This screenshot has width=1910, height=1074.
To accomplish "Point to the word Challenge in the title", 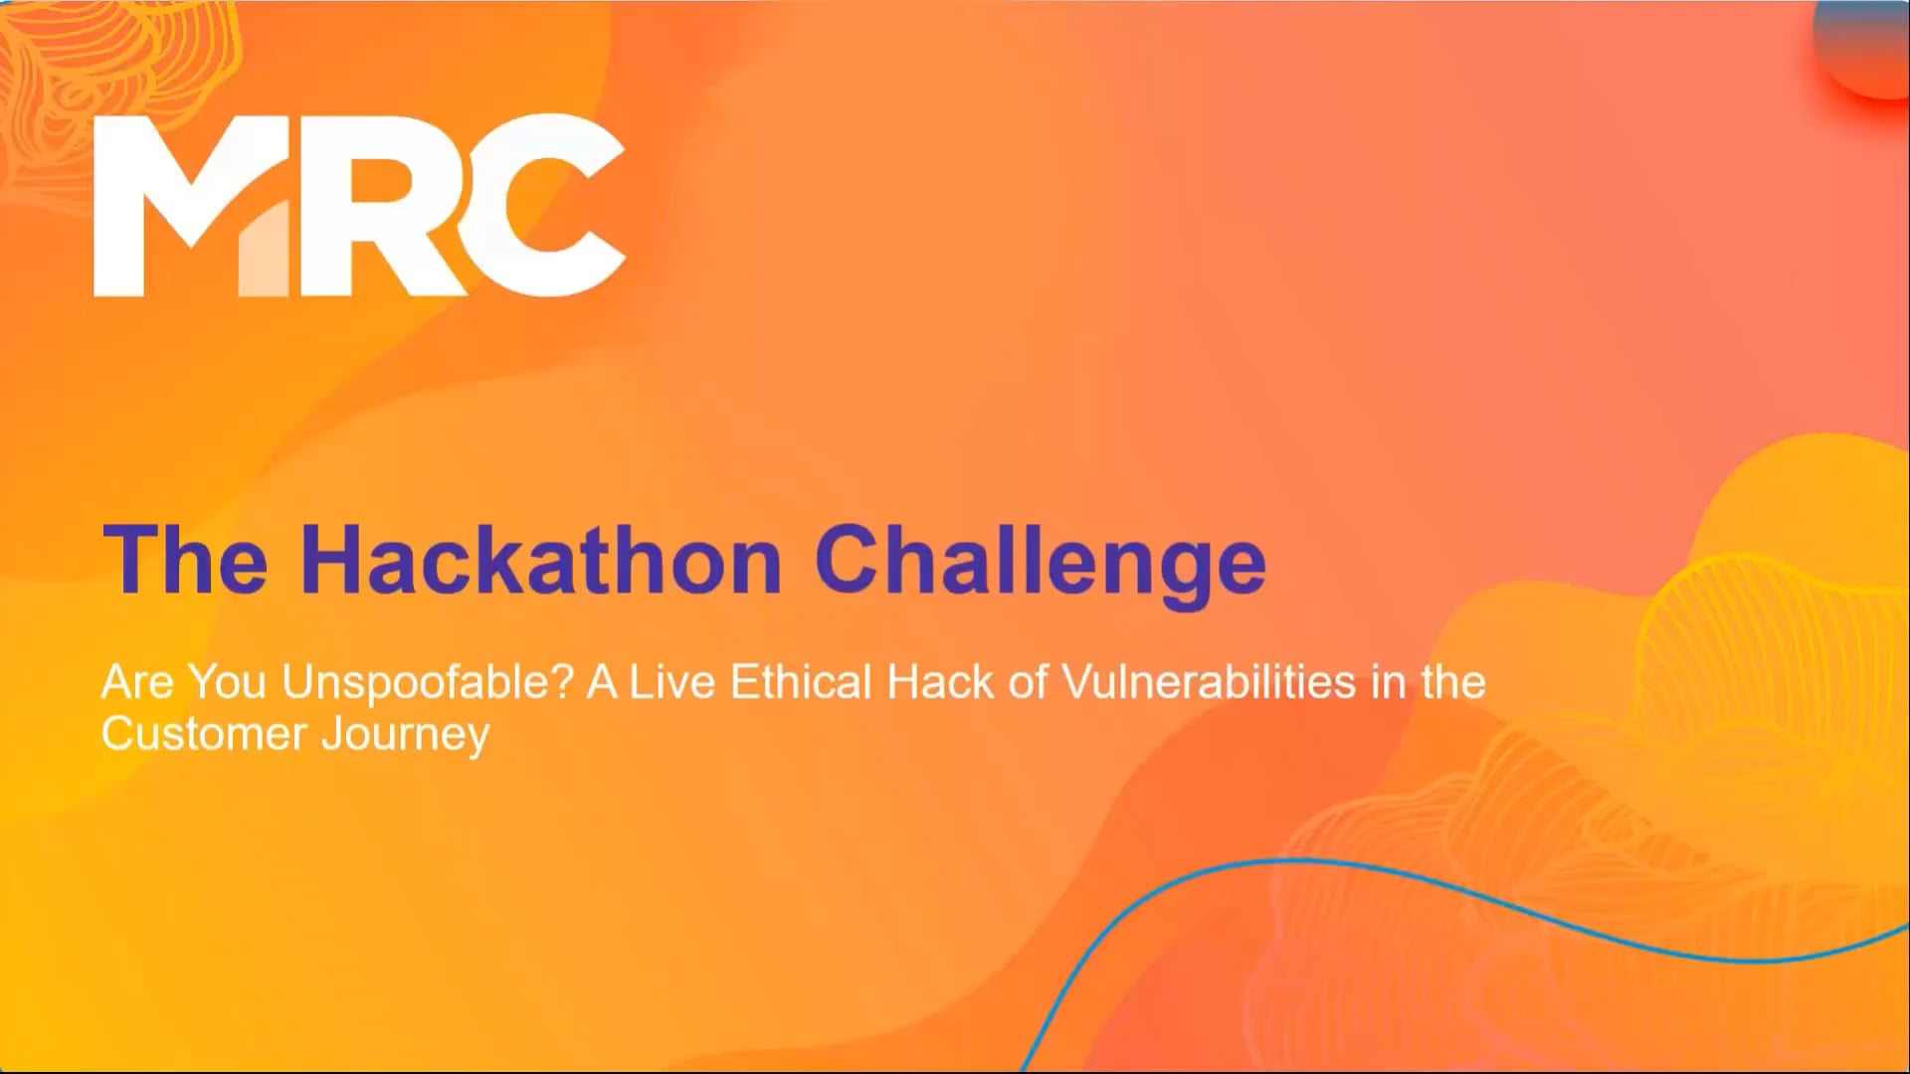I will [1040, 562].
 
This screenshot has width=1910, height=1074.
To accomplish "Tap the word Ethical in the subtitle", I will [801, 683].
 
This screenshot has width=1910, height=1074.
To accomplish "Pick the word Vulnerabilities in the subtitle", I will [1209, 683].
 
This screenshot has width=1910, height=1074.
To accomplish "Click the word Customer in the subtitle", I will [204, 734].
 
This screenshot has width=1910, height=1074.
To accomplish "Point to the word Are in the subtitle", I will [138, 683].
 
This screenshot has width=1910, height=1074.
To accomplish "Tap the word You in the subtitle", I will [228, 683].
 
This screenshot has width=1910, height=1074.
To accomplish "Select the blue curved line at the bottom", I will [1293, 861].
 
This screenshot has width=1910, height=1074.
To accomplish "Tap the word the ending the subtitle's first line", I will [1453, 683].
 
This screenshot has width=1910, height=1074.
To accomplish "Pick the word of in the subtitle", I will [1028, 683].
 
